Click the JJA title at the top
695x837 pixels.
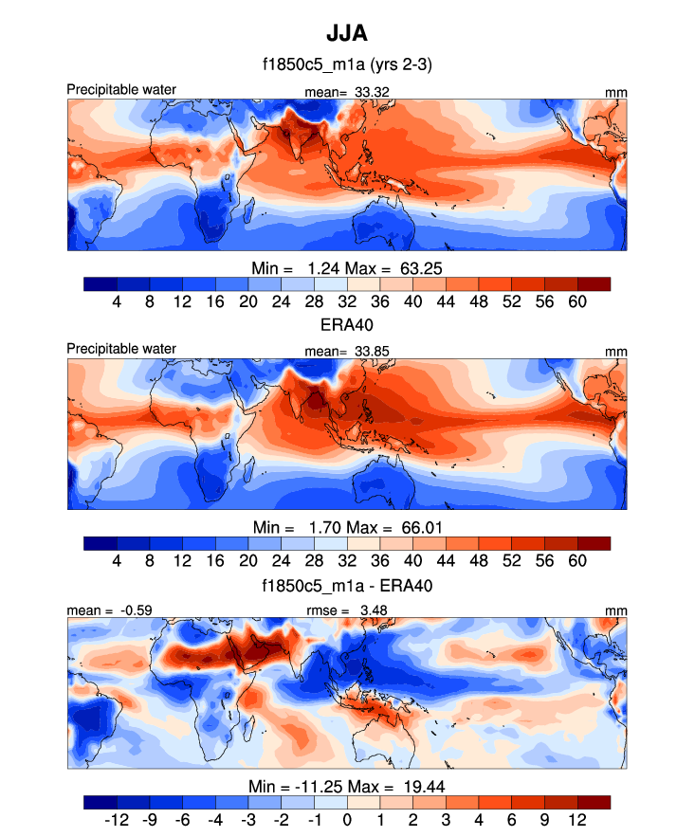coord(347,33)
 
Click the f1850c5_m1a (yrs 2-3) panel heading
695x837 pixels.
coord(347,65)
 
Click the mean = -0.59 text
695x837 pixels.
coord(105,610)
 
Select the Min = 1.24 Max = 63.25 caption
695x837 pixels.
coord(347,266)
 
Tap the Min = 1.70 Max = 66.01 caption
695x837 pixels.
coord(347,526)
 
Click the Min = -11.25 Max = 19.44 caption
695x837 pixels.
coord(347,786)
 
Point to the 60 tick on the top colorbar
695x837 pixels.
coord(577,300)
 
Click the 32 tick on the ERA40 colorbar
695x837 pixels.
coord(347,560)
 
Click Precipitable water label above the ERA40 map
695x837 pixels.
coord(121,349)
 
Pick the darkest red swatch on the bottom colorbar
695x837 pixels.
coord(594,802)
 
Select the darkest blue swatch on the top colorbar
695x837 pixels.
coord(101,282)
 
